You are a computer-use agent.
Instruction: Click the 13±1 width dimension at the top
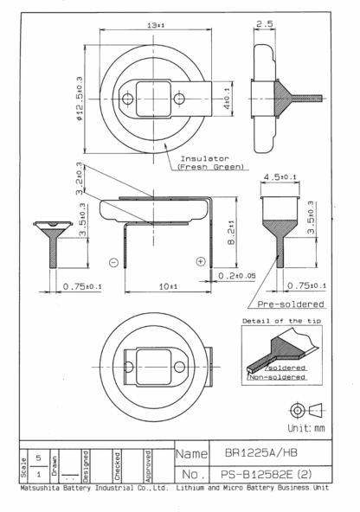[156, 25]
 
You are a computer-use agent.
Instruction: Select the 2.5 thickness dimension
[264, 23]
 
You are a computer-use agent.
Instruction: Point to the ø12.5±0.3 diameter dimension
[80, 99]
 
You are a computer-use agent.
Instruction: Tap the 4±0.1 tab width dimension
[227, 99]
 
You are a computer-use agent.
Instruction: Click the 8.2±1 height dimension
[231, 233]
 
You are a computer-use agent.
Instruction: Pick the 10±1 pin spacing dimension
[168, 286]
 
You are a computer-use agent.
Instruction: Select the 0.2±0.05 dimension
[237, 276]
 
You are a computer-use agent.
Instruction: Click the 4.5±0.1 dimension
[280, 177]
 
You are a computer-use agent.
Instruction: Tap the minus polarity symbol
[113, 262]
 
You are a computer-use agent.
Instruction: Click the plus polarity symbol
[200, 261]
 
